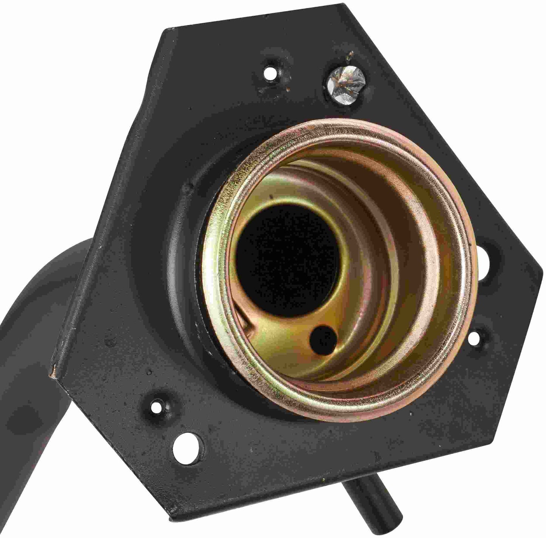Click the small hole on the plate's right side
click(x=476, y=336)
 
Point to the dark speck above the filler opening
click(x=271, y=196)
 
